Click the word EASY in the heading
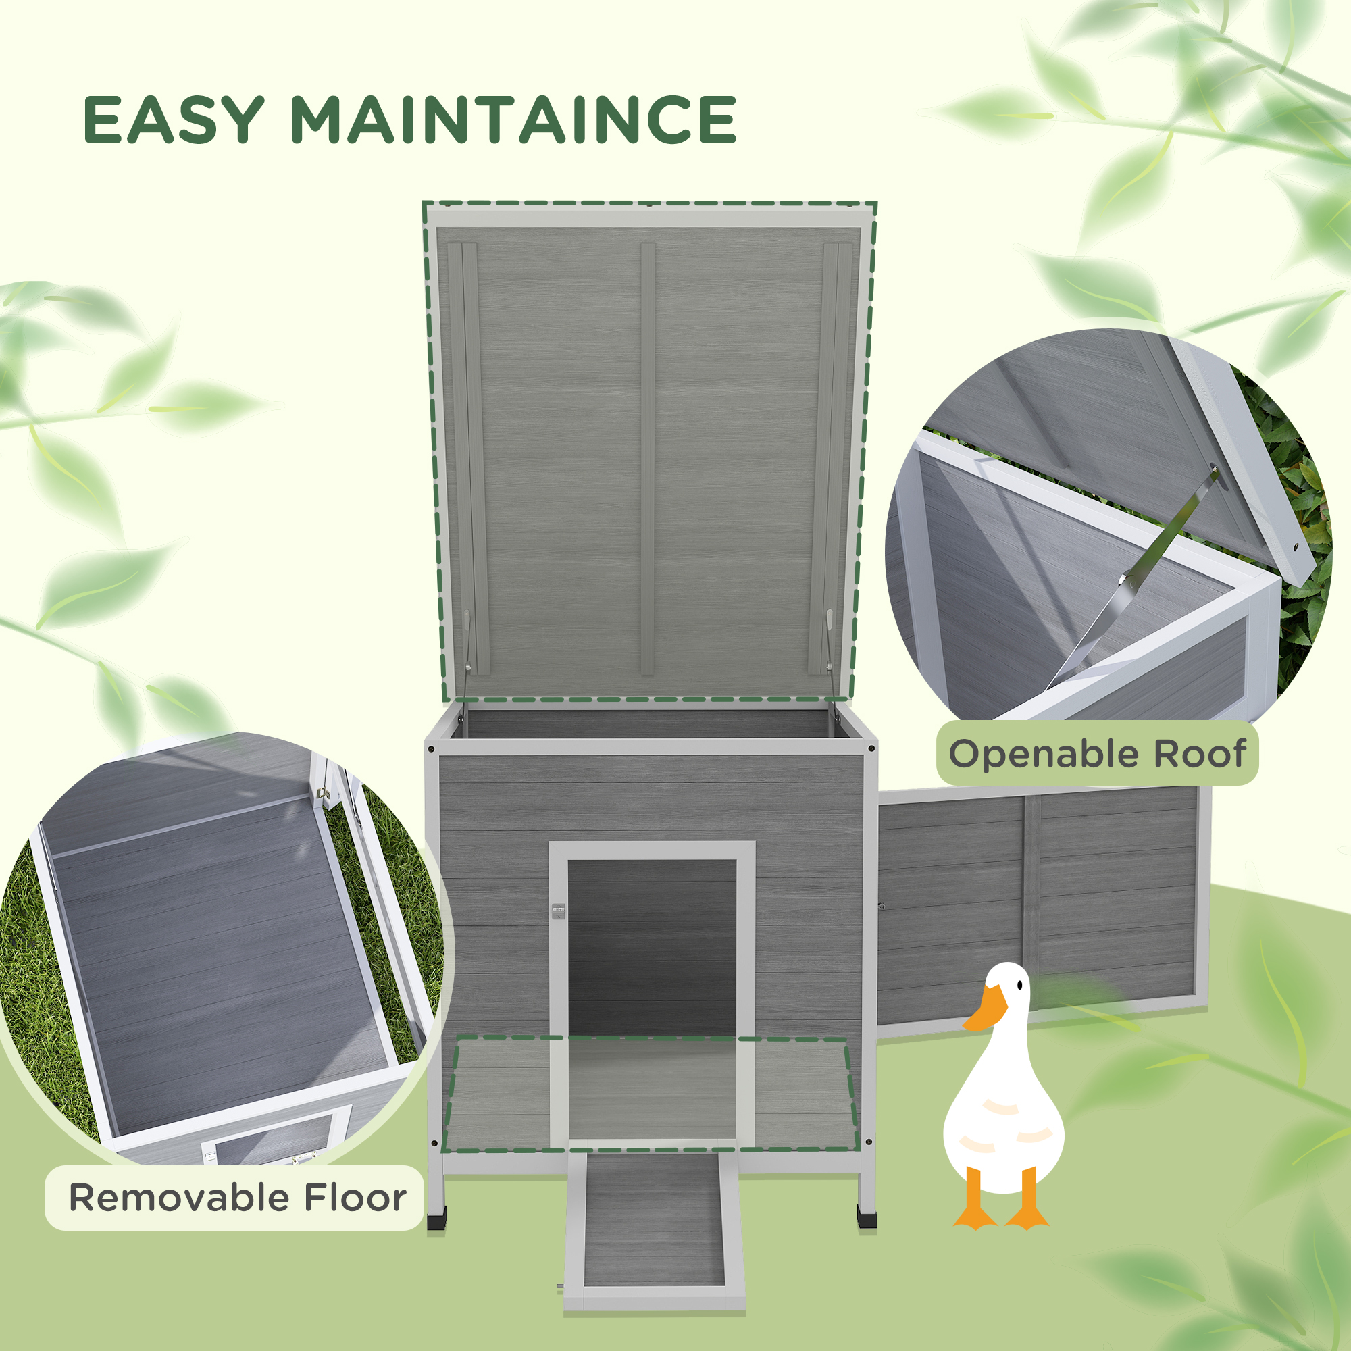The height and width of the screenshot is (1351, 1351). [x=174, y=120]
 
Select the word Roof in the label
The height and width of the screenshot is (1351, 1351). [x=1199, y=755]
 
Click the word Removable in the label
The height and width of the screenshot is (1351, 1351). [x=178, y=1198]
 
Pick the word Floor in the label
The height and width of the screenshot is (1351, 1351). [x=355, y=1198]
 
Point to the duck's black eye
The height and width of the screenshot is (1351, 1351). [x=1020, y=985]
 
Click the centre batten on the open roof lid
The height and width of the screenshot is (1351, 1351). [x=648, y=458]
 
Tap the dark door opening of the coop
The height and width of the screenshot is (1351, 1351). [x=652, y=944]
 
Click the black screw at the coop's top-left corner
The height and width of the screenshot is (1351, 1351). [x=431, y=749]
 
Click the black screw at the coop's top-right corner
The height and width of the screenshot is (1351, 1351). [x=871, y=748]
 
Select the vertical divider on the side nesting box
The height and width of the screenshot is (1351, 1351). [x=1031, y=902]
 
